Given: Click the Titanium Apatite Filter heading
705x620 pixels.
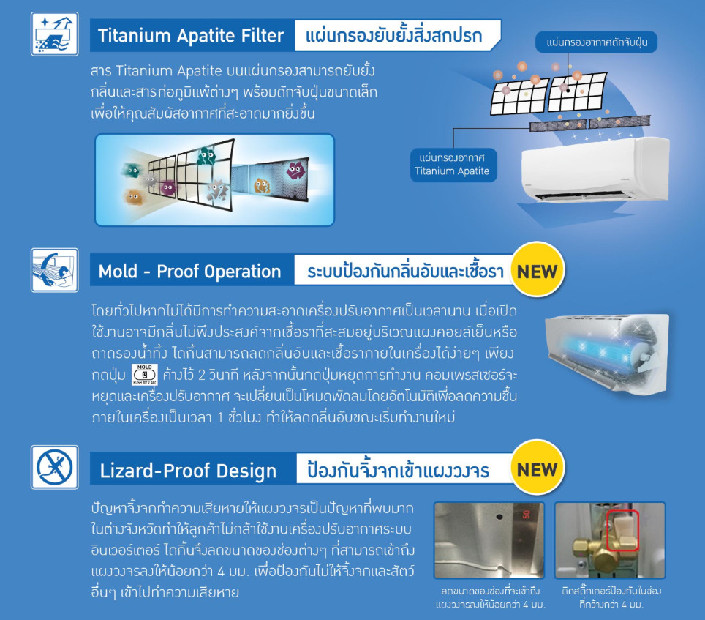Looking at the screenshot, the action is (x=191, y=36).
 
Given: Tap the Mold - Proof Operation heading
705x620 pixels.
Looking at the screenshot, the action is (x=189, y=272).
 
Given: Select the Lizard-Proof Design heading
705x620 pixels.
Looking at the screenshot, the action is (x=188, y=471).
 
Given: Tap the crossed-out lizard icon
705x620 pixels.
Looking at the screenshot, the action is (x=54, y=467).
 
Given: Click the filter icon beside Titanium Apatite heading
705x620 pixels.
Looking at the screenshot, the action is (x=54, y=34).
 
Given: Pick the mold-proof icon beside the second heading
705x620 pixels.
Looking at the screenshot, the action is (x=54, y=270).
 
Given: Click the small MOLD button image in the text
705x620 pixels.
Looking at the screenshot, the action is (x=144, y=374).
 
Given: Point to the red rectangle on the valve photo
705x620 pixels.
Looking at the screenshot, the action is (x=622, y=531).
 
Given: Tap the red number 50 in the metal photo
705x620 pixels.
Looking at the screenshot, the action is (x=527, y=515).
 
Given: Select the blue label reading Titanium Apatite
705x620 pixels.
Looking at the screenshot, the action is (x=453, y=165).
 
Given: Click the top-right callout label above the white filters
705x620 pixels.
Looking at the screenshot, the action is (x=596, y=42).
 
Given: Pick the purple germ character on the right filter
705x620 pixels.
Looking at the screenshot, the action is (x=295, y=170).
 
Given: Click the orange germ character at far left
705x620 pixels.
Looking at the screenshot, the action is (x=133, y=197).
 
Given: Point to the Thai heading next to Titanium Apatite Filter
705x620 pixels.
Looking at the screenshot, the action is (x=394, y=35).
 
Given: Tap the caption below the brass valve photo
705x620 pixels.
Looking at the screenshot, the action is (x=611, y=597).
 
